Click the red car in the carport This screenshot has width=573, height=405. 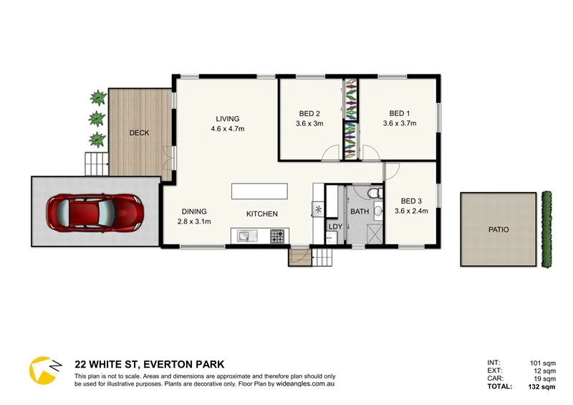click(x=94, y=212)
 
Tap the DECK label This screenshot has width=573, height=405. click(x=139, y=133)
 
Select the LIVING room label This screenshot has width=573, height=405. click(x=228, y=119)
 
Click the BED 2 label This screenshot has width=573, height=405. click(x=309, y=113)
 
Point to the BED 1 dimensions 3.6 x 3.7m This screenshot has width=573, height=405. click(x=400, y=123)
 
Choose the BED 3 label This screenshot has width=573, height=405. click(x=411, y=201)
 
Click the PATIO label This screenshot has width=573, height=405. click(x=499, y=230)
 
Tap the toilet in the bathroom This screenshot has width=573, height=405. click(x=373, y=196)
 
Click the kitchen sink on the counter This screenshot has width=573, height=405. click(x=244, y=234)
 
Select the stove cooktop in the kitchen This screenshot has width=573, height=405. click(x=276, y=234)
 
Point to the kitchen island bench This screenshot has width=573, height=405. click(x=259, y=191)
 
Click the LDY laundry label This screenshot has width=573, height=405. click(x=334, y=227)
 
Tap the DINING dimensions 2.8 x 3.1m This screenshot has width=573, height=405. click(x=194, y=221)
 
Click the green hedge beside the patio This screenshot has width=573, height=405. click(x=549, y=229)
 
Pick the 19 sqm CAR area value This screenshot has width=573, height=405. click(x=544, y=378)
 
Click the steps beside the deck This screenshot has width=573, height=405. click(x=95, y=164)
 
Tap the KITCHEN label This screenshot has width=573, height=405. click(x=261, y=214)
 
